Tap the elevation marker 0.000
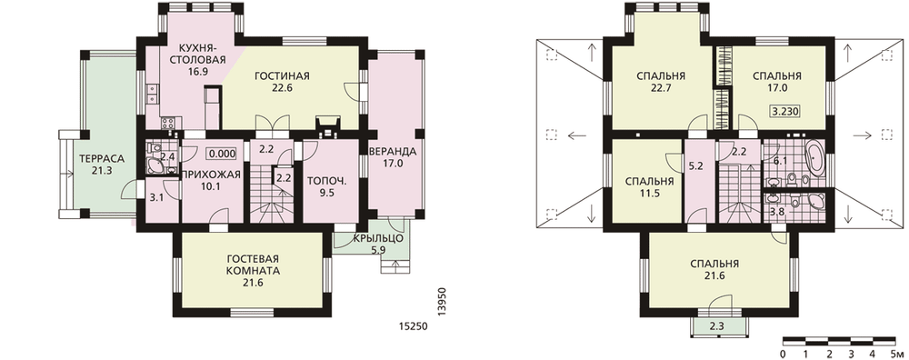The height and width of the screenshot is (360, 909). point(223,155)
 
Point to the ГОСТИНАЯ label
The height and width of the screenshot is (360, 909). point(281,76)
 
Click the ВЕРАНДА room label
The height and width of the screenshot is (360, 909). point(392,152)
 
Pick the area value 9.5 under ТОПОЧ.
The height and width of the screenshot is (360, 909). point(327,194)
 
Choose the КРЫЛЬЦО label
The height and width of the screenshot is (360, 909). point(377,239)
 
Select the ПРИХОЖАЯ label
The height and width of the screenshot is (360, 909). point(211,175)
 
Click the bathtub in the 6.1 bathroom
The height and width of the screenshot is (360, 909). point(814,157)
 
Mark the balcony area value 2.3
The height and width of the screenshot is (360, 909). point(716,325)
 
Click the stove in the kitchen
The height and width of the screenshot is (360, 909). point(170,123)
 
